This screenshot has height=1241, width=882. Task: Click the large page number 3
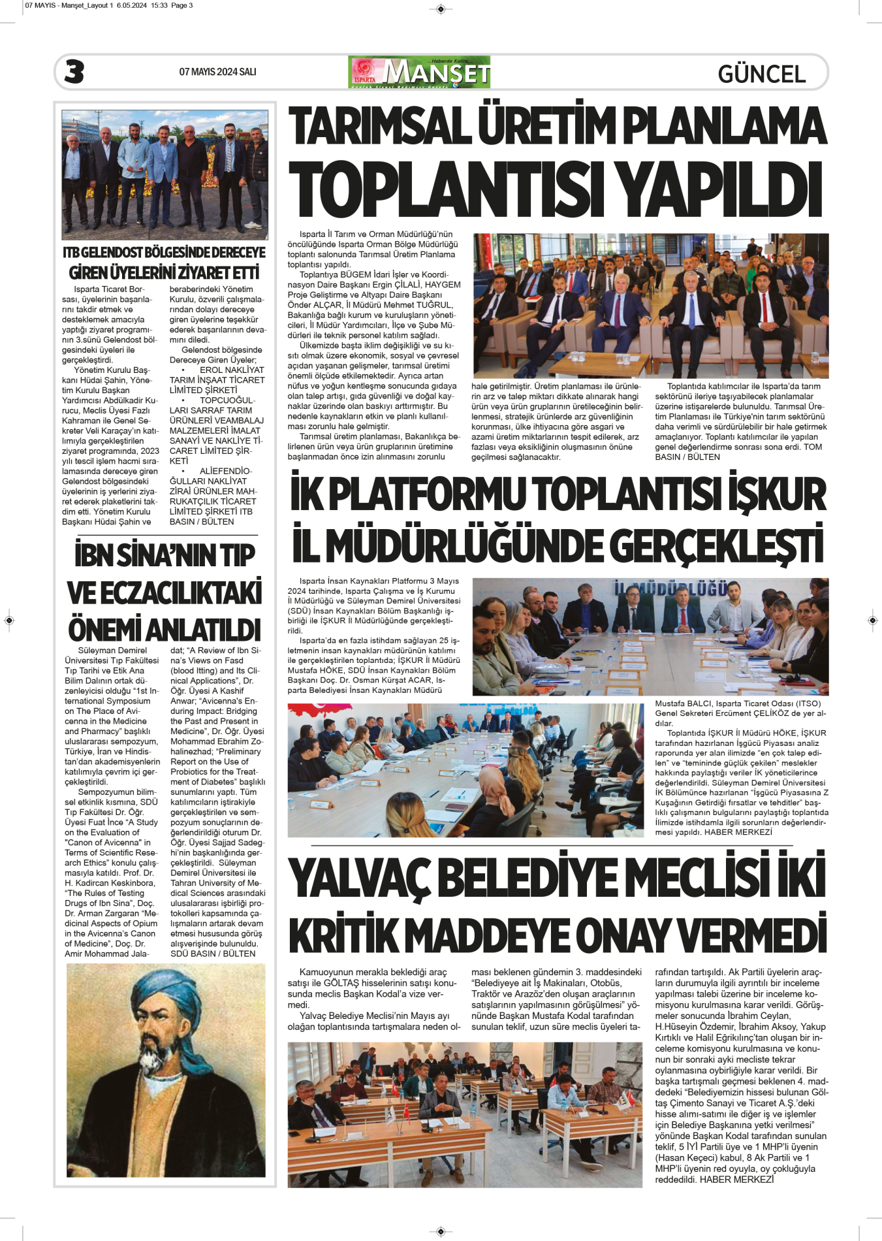pos(74,72)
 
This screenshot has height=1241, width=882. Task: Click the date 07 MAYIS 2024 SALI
pos(217,72)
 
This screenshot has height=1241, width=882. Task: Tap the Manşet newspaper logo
pos(419,72)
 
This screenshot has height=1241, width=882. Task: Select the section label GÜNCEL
pos(761,74)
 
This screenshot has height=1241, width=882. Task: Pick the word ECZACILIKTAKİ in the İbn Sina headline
pos(165,592)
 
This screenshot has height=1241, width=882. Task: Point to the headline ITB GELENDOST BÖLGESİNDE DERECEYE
pos(164,252)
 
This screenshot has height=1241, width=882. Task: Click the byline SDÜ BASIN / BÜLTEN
pos(213,954)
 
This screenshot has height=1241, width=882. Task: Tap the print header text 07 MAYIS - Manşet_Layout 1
pos(69,5)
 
